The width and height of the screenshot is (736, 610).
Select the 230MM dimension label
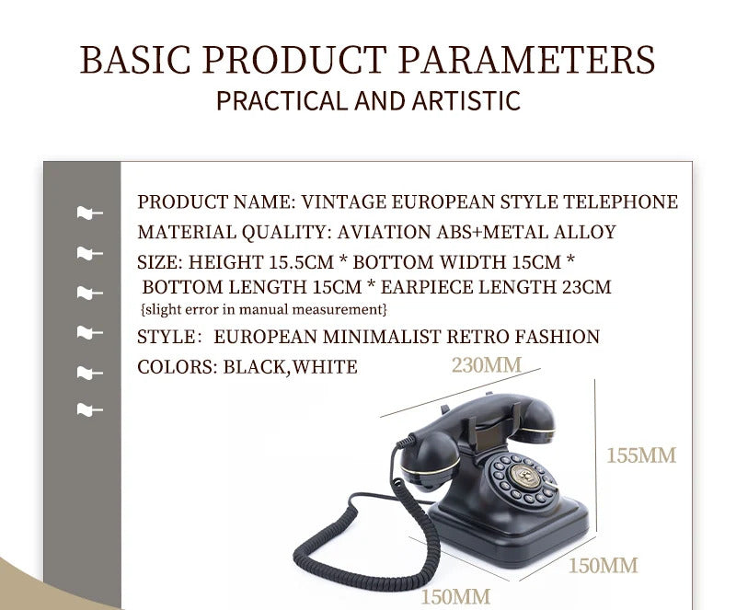[x=486, y=364]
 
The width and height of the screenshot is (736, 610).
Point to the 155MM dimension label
[x=640, y=455]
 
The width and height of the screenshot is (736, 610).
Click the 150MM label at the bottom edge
[x=455, y=596]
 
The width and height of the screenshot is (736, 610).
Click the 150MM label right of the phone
[x=603, y=564]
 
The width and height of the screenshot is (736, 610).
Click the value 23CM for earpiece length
[x=586, y=287]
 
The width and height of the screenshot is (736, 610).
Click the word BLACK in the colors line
[x=255, y=367]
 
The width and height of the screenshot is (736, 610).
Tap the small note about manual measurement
[x=264, y=309]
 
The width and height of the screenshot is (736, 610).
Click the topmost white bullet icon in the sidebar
[x=89, y=213]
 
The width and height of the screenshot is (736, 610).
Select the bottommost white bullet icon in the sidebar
[x=89, y=409]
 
